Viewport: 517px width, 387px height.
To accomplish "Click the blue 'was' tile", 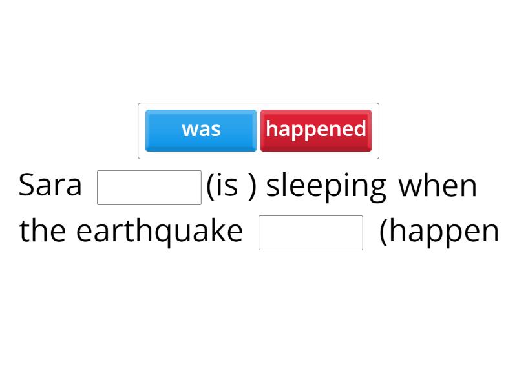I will coord(201,130).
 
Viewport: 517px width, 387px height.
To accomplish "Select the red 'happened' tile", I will coord(316,130).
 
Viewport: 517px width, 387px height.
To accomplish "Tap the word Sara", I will coord(50,186).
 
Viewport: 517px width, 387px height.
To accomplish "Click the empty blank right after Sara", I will coord(149,188).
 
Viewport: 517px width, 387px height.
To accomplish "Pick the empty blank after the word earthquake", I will coord(311,233).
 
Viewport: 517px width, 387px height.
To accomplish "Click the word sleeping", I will coord(326,187).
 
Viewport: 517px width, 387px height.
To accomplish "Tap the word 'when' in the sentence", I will coord(438,186).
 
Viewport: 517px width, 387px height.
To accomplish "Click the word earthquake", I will coord(159,231).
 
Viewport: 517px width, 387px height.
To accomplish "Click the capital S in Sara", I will coord(26,186).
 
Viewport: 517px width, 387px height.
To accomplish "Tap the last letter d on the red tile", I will coord(360,129).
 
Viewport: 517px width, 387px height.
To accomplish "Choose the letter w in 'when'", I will coord(410,187).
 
